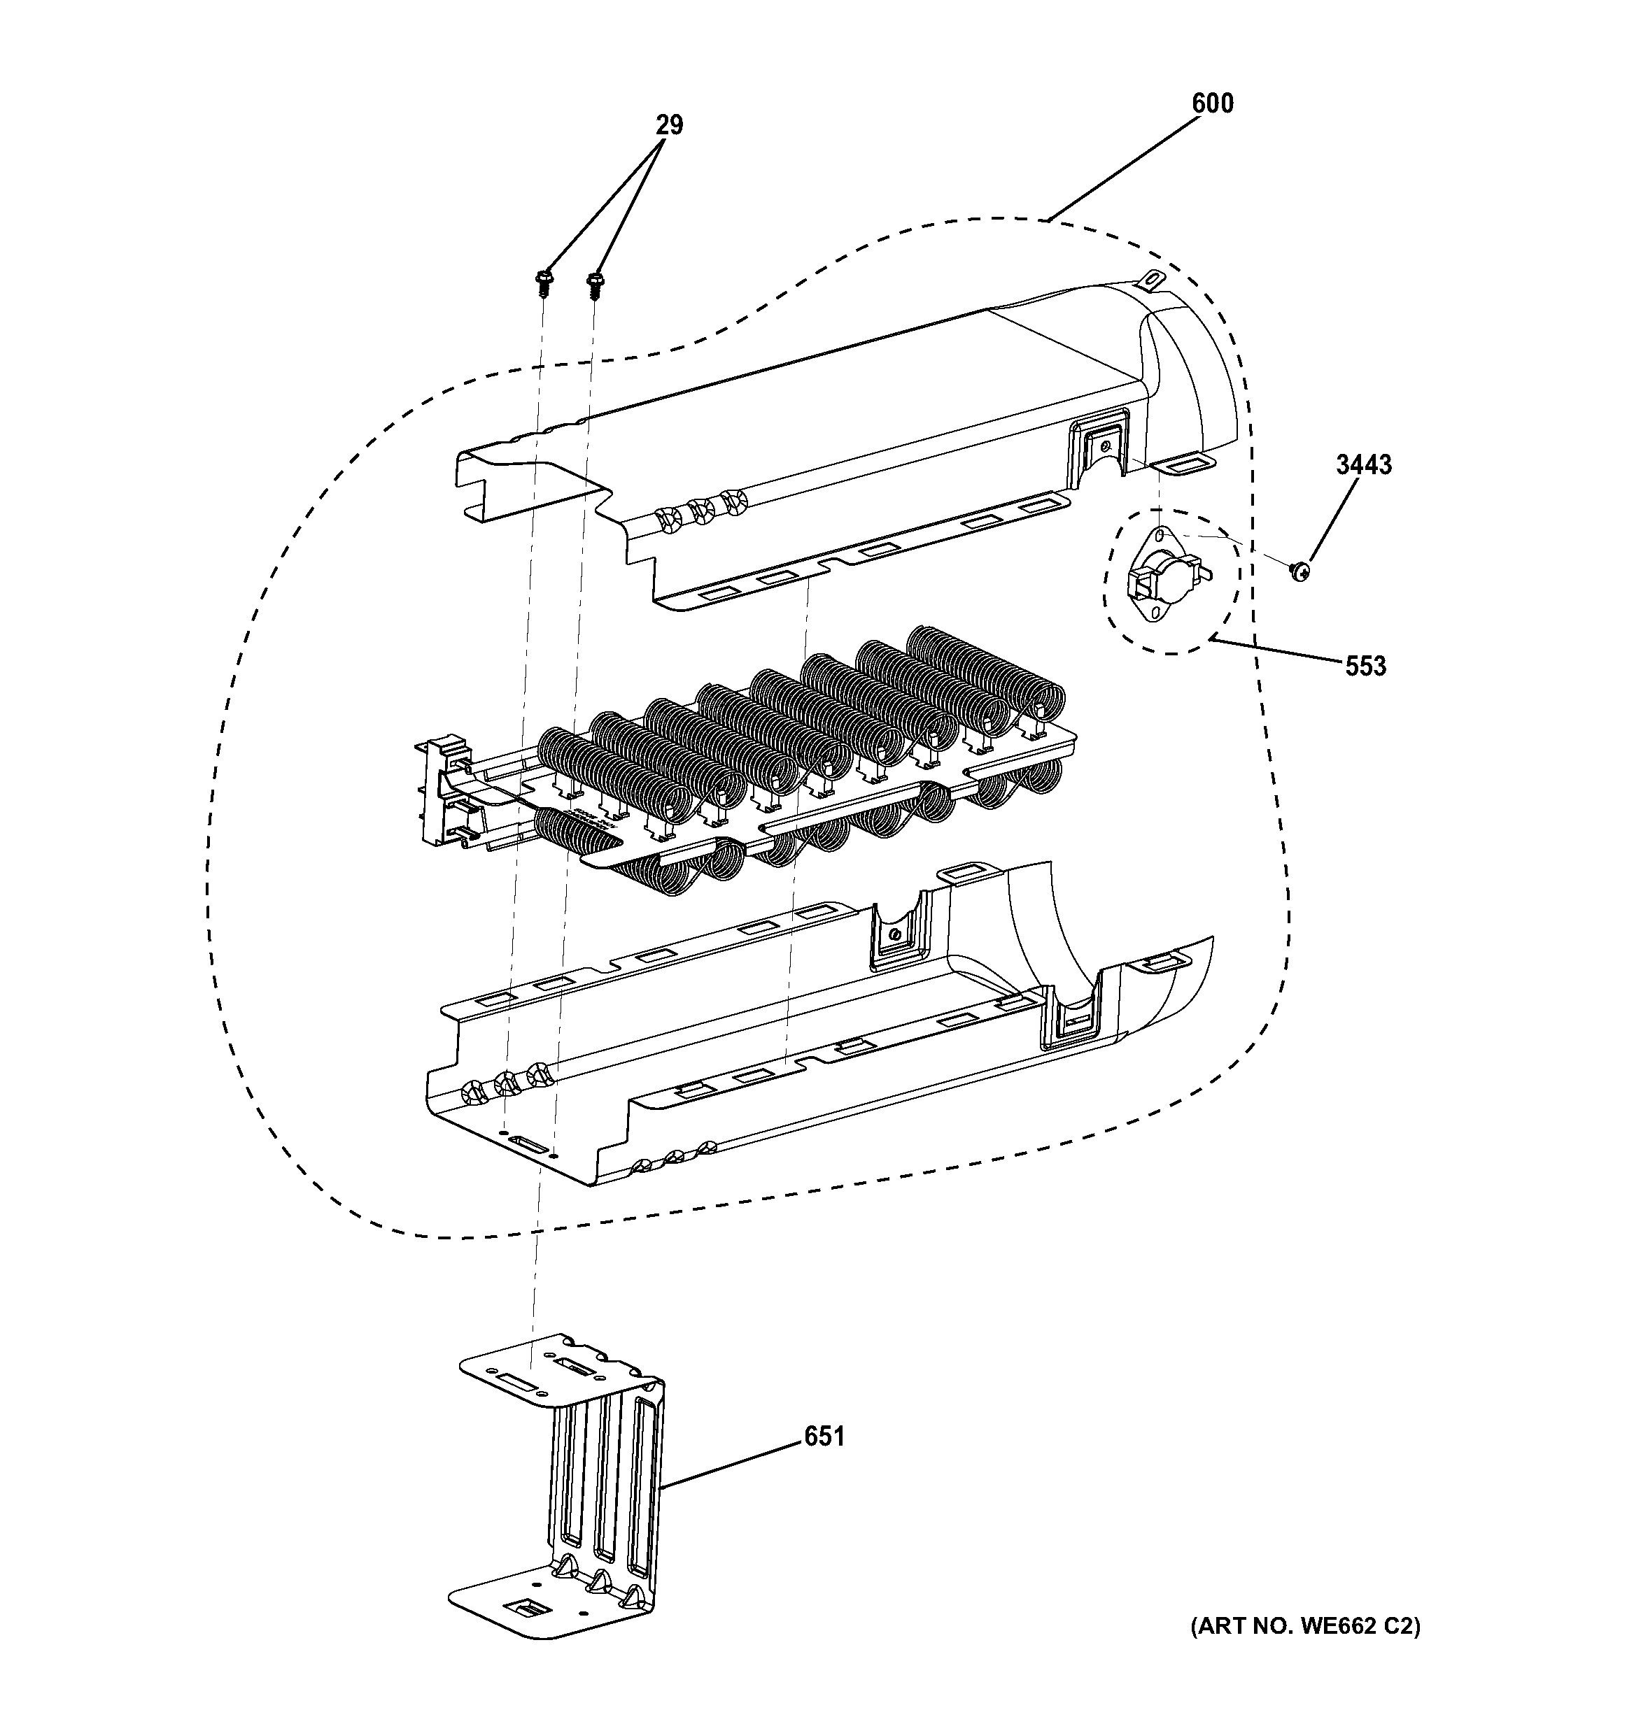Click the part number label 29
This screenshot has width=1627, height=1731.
coord(669,125)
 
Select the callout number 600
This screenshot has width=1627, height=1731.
coord(1213,104)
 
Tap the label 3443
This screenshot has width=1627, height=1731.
coord(1364,465)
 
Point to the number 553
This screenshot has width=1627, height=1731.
coord(1365,667)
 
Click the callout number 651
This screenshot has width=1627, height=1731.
coord(824,1437)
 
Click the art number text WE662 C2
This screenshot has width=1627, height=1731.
coord(1304,1627)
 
